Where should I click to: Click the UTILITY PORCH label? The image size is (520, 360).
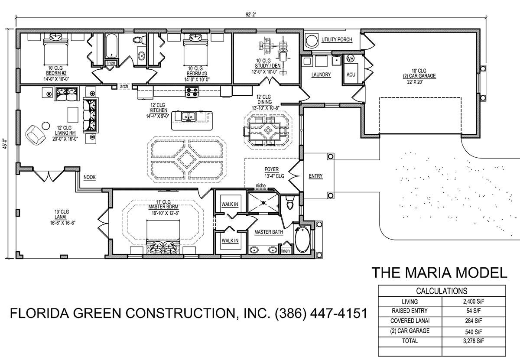[337, 40]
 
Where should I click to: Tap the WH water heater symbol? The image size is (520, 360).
[350, 59]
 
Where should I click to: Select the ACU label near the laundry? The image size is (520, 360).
[351, 75]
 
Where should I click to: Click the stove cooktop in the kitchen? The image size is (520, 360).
[192, 92]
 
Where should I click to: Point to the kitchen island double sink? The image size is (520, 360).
[188, 116]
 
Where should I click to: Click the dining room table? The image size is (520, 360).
[268, 131]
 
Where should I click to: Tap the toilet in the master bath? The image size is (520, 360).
[290, 203]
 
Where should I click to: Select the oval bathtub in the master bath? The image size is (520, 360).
[302, 240]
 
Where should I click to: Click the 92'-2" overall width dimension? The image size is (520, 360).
[251, 15]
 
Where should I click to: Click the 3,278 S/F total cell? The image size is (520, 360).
[474, 341]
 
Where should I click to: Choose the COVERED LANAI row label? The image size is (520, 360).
[410, 321]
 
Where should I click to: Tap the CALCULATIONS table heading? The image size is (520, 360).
[442, 291]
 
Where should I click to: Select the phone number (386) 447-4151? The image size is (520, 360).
[321, 313]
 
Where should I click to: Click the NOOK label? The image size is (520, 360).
[90, 177]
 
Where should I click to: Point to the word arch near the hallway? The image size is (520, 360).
[124, 86]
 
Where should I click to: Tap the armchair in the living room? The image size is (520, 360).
[35, 135]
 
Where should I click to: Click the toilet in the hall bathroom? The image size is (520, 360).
[138, 39]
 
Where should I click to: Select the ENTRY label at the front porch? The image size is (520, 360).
[316, 176]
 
